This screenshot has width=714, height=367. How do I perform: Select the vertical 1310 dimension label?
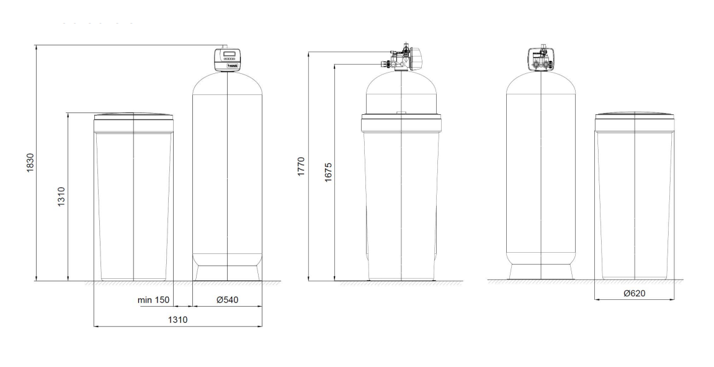click(62, 197)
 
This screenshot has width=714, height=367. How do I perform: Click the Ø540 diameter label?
click(227, 300)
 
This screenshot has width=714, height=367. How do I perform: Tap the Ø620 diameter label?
click(635, 293)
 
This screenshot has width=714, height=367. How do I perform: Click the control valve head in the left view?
click(228, 60)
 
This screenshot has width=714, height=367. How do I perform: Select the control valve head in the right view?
click(541, 58)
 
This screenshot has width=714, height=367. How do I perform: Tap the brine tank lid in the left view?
click(133, 117)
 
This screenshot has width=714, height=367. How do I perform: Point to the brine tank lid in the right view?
click(635, 117)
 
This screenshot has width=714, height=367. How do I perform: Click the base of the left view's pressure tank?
click(228, 273)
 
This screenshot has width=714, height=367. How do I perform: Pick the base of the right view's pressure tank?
click(541, 273)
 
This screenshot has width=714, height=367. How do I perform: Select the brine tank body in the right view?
click(635, 199)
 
